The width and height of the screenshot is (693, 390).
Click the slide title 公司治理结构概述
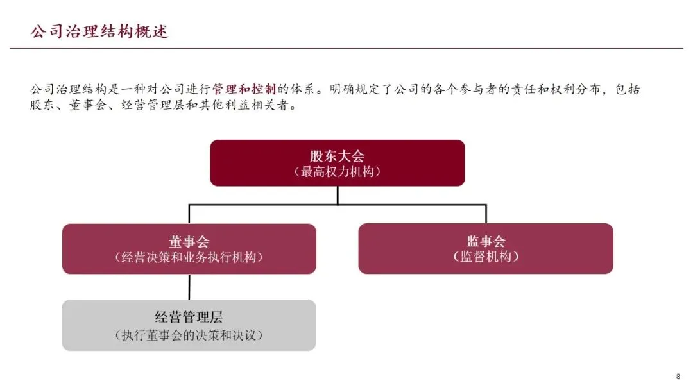99,31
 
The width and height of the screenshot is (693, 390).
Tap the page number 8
678,377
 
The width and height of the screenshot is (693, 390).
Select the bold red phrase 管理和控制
244,89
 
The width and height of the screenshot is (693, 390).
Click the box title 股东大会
337,157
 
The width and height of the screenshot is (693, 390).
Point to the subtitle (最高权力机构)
337,172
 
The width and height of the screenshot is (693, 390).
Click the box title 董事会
189,241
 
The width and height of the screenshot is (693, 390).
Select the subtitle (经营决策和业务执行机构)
189,257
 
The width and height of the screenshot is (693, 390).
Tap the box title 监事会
486,241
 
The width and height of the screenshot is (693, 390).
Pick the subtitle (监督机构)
486,257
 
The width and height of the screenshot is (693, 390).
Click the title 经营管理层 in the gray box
189,317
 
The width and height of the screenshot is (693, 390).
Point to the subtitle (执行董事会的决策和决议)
189,335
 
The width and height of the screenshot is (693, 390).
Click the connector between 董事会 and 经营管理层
189,287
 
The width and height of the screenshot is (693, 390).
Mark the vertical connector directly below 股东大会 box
338,195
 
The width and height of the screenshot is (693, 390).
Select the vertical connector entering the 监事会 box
486,214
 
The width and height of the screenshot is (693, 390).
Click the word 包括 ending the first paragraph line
627,89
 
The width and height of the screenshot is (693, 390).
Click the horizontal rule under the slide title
346,48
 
